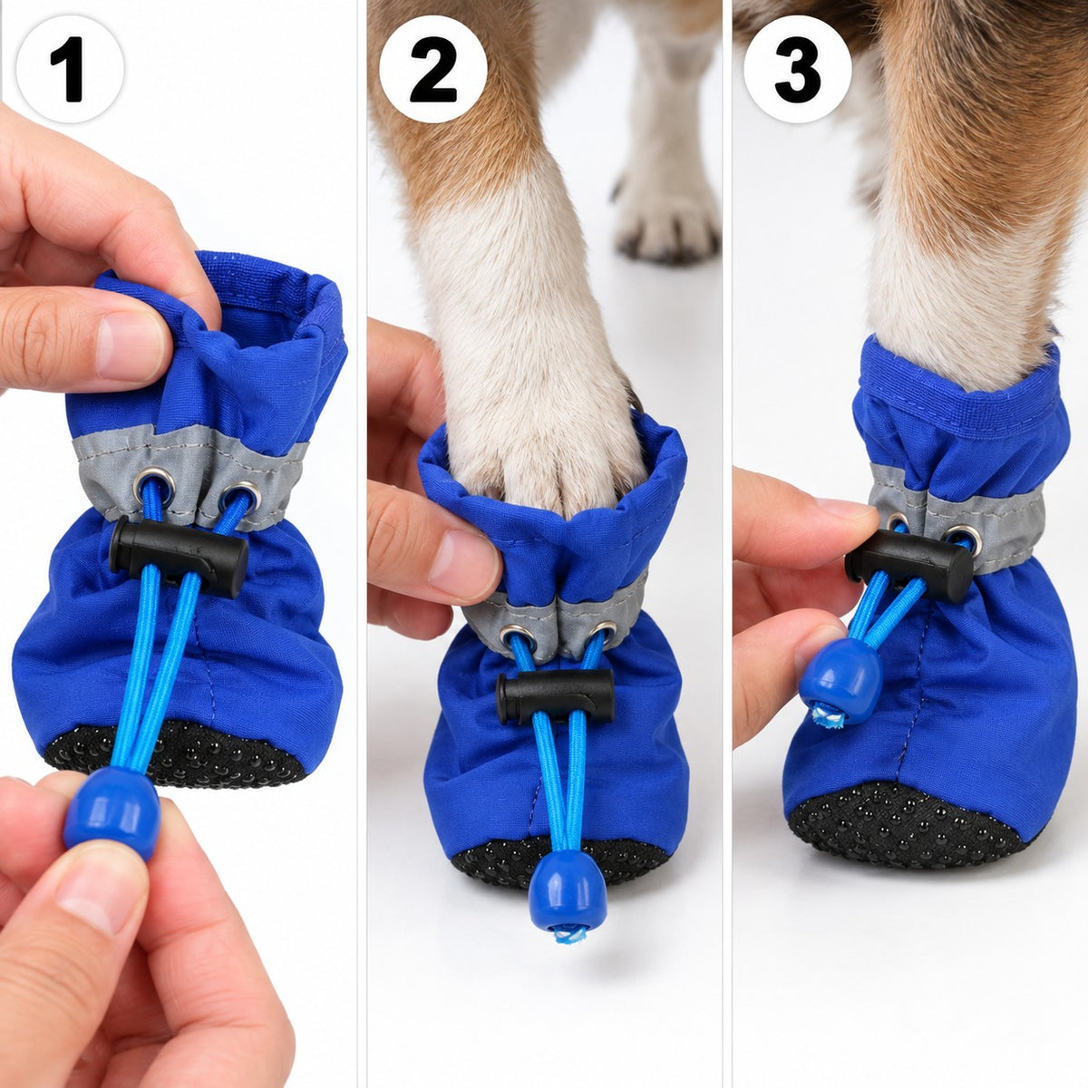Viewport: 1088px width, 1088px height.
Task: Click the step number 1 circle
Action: pos(70,69)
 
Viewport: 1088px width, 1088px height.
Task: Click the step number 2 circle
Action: pos(433,69)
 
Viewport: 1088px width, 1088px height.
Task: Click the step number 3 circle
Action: pos(797,69)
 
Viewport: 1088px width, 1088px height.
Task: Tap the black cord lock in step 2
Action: pos(556,696)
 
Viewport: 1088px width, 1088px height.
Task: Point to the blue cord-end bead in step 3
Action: pos(841,681)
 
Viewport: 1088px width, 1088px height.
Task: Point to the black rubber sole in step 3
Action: pos(903,825)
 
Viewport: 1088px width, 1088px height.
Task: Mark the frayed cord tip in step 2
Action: pos(568,935)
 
